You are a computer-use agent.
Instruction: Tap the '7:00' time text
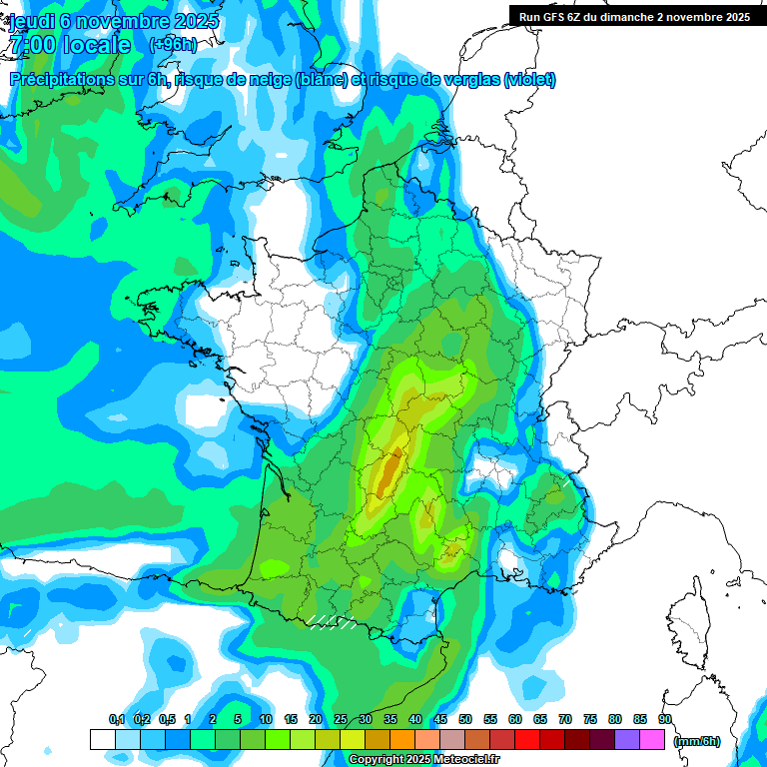32,46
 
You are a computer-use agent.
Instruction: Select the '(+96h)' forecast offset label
173,45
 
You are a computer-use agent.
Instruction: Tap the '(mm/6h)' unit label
695,741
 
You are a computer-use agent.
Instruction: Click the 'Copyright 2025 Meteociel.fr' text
423,760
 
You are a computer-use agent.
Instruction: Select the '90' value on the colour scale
665,719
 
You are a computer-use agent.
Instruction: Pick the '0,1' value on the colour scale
116,719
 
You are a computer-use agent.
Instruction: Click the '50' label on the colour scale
465,719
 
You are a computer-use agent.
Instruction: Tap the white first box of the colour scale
102,740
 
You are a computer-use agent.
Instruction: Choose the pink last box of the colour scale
652,740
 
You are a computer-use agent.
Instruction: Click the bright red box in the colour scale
527,740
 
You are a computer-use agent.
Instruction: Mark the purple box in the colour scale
627,740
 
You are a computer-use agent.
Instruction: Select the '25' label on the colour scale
341,719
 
